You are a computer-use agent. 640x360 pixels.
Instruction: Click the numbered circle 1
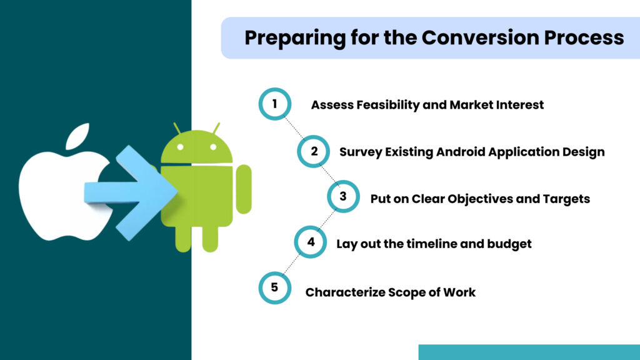(x=274, y=104)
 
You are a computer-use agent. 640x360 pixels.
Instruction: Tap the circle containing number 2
(x=313, y=151)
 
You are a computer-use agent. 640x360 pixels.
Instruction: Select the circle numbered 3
(x=343, y=197)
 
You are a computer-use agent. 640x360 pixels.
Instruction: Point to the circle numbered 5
(x=274, y=289)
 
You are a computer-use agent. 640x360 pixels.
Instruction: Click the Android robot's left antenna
(x=177, y=128)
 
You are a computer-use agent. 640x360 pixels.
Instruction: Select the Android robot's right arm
(x=244, y=189)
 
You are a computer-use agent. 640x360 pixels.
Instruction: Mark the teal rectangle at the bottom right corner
(x=529, y=352)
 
